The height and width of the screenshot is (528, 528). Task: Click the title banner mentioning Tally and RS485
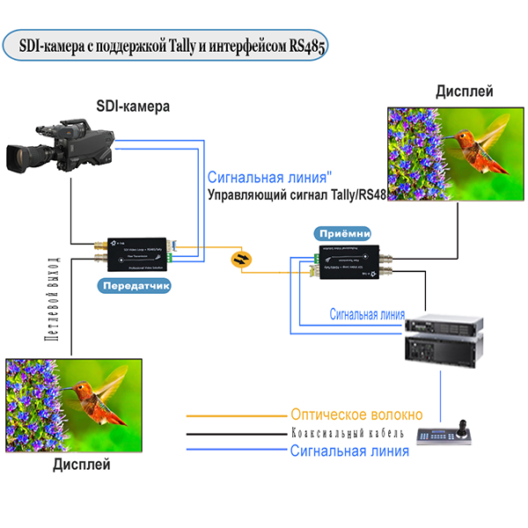[166, 47]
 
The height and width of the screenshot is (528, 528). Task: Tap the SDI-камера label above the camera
[133, 106]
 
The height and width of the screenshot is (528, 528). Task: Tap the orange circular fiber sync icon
[239, 259]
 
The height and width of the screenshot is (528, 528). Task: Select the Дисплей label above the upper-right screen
[464, 91]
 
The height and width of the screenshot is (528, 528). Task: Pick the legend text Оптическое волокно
[356, 414]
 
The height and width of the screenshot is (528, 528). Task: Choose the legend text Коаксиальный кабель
[348, 434]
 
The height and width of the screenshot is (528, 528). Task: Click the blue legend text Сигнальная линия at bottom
[349, 451]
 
